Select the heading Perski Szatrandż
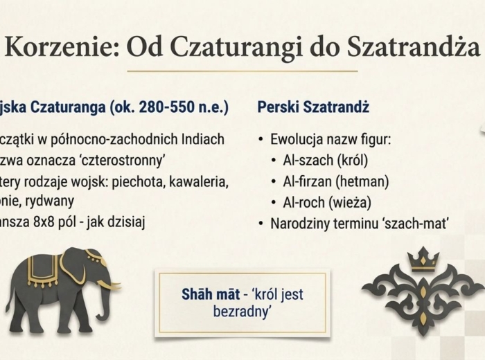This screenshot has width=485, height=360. click(313, 108)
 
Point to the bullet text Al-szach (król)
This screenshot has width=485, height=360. click(325, 161)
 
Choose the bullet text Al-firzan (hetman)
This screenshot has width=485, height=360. click(335, 182)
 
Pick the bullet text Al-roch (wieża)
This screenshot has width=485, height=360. click(327, 203)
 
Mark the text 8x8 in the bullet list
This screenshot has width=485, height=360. click(46, 224)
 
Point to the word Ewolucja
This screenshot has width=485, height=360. click(295, 139)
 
